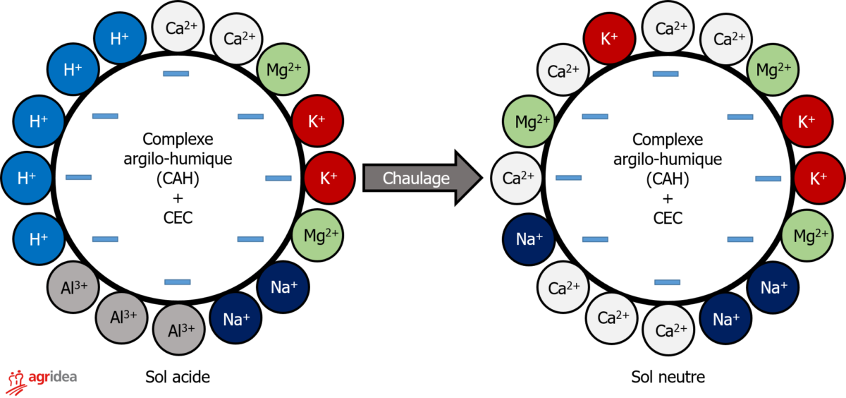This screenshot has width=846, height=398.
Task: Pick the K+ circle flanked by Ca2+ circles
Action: (609, 38)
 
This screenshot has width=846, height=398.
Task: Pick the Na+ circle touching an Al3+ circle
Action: (236, 319)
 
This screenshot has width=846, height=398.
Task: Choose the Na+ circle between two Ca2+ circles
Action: (529, 239)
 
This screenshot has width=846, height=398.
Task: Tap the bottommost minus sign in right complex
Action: (667, 282)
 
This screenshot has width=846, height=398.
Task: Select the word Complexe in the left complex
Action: (178, 139)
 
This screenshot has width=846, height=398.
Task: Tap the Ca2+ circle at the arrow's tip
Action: (517, 178)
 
